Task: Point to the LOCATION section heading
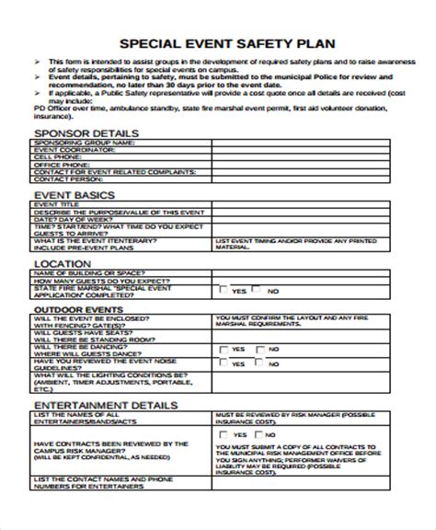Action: tap(62, 263)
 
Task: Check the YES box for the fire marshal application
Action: tap(224, 291)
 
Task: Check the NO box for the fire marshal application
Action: tap(259, 291)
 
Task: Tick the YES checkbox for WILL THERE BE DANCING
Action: tap(224, 350)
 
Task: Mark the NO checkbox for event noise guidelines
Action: tap(260, 364)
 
